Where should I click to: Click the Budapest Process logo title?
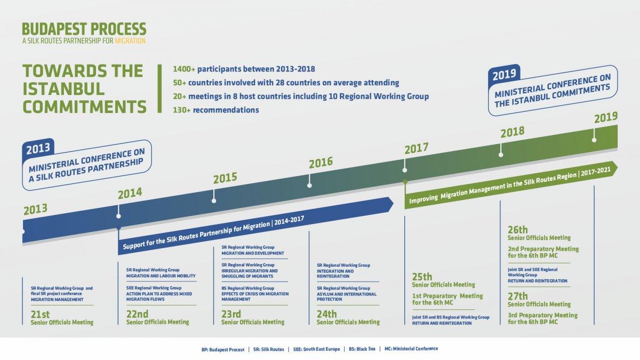coord(84,29)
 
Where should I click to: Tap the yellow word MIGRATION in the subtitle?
coord(130,41)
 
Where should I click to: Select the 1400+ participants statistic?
coord(244,69)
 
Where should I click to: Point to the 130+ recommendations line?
coord(216,110)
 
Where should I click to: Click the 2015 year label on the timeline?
coord(225,178)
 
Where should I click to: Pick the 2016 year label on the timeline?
coord(321,163)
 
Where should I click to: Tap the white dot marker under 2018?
coord(501,155)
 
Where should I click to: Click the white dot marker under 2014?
coord(118,217)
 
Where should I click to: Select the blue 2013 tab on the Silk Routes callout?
coord(38,148)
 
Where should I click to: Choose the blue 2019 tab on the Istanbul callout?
coord(505,74)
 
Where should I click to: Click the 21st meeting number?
coord(40,315)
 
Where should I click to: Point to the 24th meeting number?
coord(326,314)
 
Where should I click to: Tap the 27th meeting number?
coord(518,296)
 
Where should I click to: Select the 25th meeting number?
coord(422,277)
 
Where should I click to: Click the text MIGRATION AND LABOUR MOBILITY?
coord(161,276)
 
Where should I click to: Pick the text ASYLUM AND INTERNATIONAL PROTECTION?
coord(346,297)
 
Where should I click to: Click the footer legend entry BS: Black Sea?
coord(362,349)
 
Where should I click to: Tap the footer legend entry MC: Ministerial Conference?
coord(411,349)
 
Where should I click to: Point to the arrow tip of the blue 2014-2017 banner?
coord(394,203)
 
